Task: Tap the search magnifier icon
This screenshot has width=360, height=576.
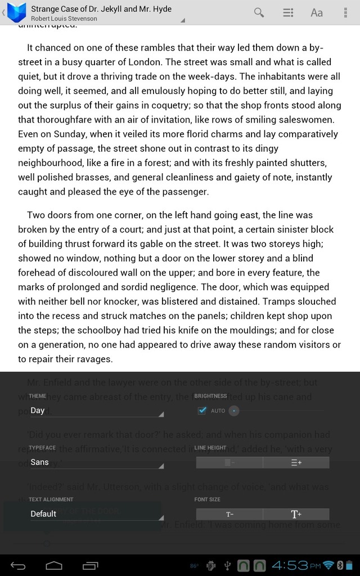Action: [x=259, y=12]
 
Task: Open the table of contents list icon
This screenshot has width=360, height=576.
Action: [x=288, y=12]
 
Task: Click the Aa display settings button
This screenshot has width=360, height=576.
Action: [x=317, y=12]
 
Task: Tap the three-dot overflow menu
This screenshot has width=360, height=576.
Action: [x=345, y=12]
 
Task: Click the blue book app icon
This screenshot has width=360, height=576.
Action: [x=17, y=11]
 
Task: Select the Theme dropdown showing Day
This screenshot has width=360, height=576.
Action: [x=96, y=411]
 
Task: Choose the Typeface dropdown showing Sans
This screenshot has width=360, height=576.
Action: [x=96, y=462]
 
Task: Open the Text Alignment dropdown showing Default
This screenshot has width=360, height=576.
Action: [x=96, y=514]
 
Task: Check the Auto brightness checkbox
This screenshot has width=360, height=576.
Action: [x=202, y=411]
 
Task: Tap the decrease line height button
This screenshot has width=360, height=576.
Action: [x=229, y=462]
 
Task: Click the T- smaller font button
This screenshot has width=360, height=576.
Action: [x=229, y=514]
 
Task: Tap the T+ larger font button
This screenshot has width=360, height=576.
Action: [x=296, y=514]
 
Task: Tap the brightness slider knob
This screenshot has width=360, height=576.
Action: [x=234, y=411]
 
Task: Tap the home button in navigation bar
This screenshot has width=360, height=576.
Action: [x=54, y=565]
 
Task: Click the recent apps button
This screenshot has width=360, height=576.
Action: [x=90, y=565]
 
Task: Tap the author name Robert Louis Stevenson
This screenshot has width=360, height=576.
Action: [x=64, y=19]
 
